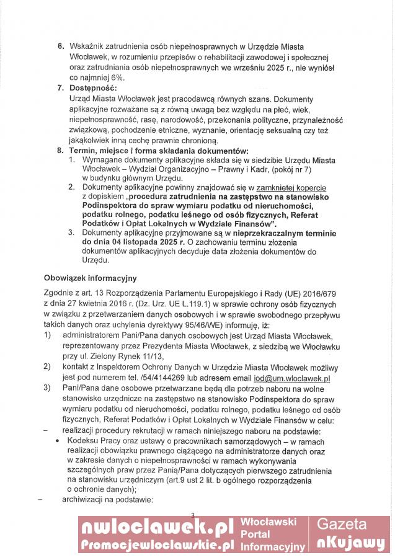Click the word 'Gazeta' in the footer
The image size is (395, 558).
[x=351, y=524]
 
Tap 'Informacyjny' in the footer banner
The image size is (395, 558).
[x=273, y=546]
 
